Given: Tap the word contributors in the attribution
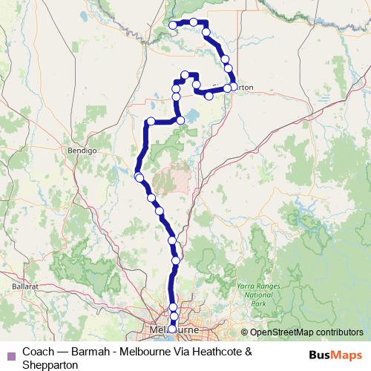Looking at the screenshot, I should tap(340, 333).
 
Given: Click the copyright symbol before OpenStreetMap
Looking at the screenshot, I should tap(244, 333).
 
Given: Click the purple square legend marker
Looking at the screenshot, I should tap(10, 351).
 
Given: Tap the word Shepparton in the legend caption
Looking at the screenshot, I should tap(50, 364).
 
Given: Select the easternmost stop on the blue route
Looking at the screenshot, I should tap(234, 87).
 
